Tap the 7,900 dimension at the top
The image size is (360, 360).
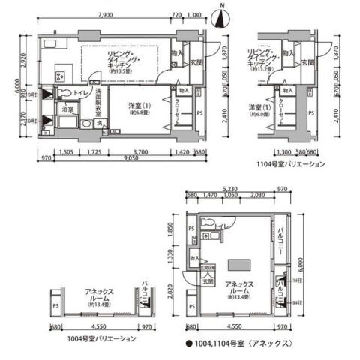(105, 15)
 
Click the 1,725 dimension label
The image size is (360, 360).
(93, 151)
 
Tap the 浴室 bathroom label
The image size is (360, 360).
(67, 109)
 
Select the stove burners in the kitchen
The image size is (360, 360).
(61, 75)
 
